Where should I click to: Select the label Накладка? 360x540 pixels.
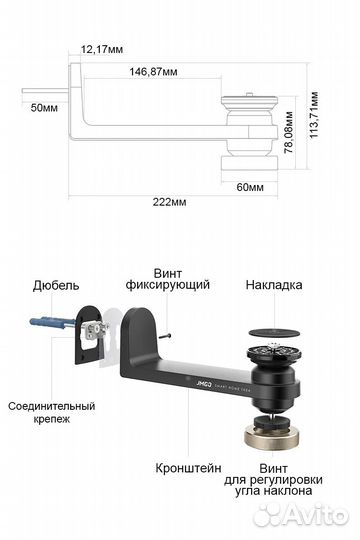pyautogui.click(x=273, y=285)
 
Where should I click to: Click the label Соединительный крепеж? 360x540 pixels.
pyautogui.click(x=51, y=414)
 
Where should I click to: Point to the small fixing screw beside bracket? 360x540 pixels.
pyautogui.click(x=172, y=337)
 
